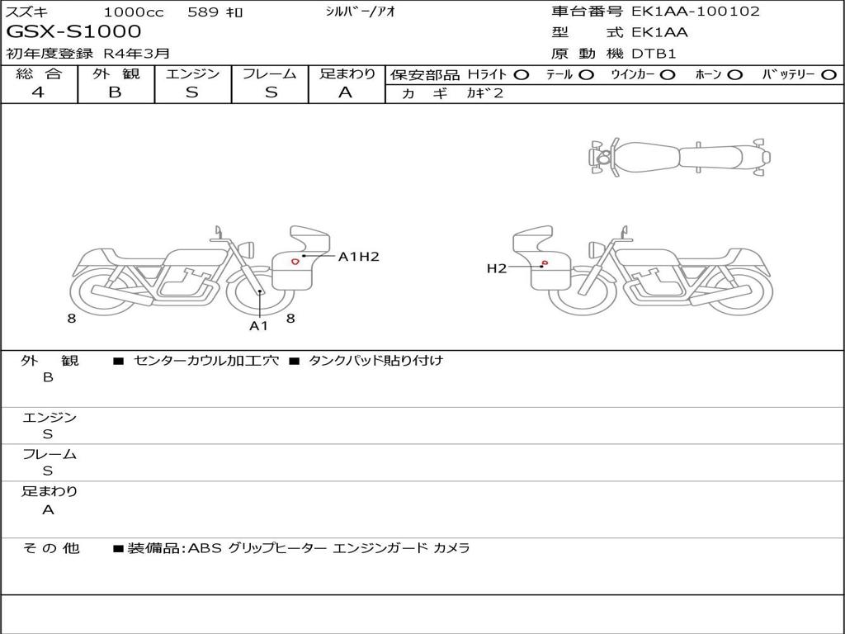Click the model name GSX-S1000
coord(73,31)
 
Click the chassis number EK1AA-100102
coord(695,12)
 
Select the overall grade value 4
coord(38,92)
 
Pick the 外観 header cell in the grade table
coord(116,73)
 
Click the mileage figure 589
coord(203,12)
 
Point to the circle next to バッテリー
coord(828,75)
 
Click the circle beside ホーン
coord(735,75)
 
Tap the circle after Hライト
coord(522,75)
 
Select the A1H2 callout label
coord(359,257)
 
